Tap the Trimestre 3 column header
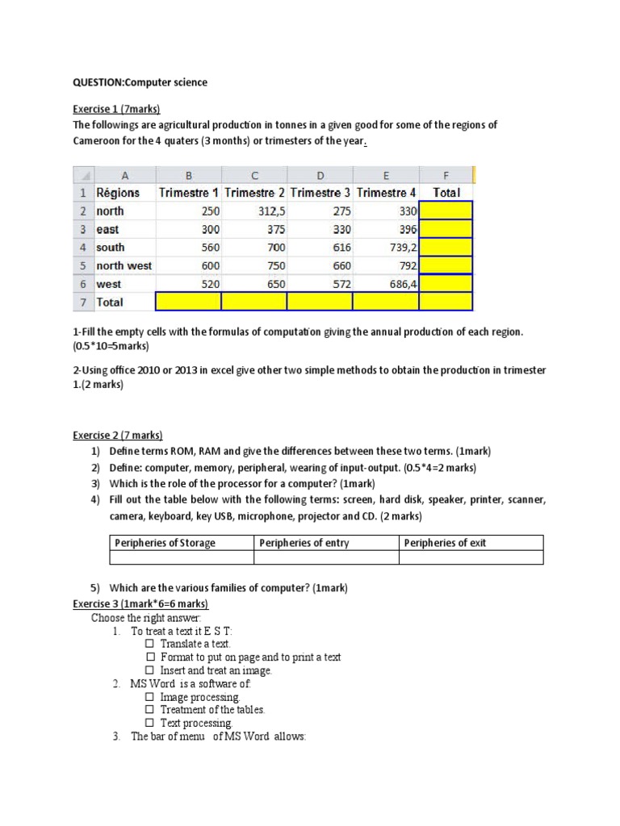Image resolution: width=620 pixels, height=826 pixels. (320, 193)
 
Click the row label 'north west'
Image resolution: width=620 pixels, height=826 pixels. (124, 265)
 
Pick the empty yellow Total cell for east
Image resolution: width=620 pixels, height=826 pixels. (446, 229)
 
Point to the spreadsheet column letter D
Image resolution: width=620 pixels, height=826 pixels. (320, 175)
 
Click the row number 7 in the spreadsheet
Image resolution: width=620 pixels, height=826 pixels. (83, 302)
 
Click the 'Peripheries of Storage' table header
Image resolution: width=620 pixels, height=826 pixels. (165, 543)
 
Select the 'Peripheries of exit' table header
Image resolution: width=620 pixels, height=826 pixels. (445, 543)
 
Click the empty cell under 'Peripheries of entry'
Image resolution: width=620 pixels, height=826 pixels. (327, 557)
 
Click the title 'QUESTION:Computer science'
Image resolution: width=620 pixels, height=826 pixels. (140, 82)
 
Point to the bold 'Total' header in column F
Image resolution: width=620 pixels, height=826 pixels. (446, 193)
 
